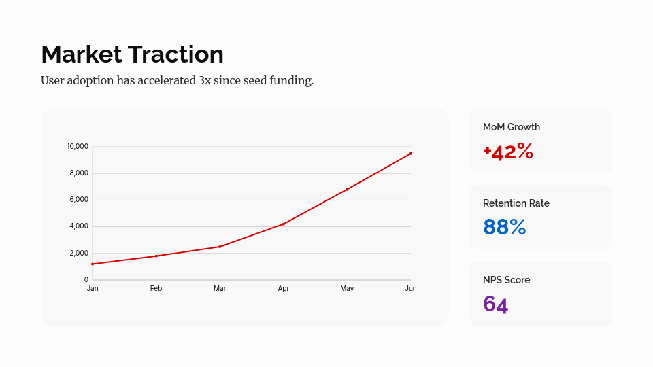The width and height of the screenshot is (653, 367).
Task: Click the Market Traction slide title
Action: [x=132, y=54]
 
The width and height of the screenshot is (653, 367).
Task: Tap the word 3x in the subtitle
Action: [x=205, y=80]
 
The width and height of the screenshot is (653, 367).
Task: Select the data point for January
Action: [x=93, y=264]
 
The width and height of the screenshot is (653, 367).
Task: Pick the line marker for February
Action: [x=156, y=256]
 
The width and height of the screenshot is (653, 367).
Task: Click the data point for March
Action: [x=220, y=247]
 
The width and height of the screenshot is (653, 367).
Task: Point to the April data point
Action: [x=284, y=224]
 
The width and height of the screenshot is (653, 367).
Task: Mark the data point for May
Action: [x=347, y=190]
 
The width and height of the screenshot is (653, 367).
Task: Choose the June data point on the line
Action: [x=411, y=154]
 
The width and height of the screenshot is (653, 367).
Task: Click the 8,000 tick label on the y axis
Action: [x=79, y=173]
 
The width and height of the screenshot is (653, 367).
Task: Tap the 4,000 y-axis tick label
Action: [x=79, y=226]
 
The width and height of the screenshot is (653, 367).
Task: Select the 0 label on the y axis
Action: [x=86, y=279]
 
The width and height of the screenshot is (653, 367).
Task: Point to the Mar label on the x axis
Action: [x=220, y=289]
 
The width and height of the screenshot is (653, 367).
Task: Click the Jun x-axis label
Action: [x=411, y=289]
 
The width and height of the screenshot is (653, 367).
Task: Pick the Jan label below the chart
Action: [x=93, y=289]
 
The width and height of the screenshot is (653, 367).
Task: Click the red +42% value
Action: [x=508, y=152]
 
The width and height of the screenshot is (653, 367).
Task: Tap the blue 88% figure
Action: [x=505, y=227]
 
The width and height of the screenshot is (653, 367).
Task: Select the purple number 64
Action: [x=495, y=304]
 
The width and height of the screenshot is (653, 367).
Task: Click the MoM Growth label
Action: [x=512, y=127]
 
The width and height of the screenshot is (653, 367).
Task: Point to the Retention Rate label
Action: [x=516, y=203]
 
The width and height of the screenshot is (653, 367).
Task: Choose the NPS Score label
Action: [x=506, y=280]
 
